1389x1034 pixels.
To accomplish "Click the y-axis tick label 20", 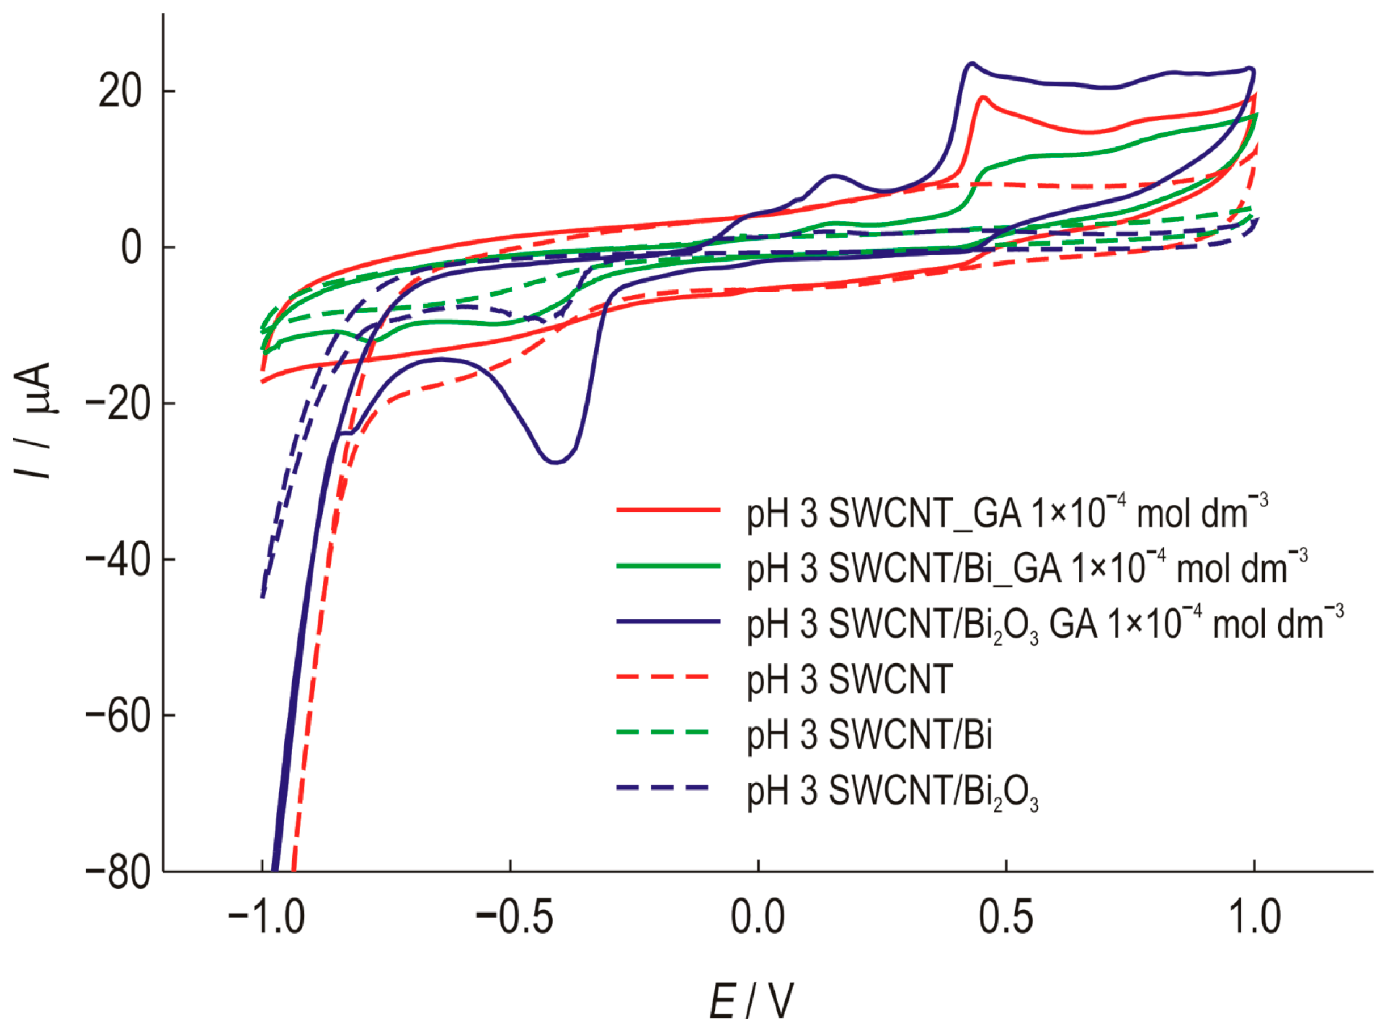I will click(x=120, y=92).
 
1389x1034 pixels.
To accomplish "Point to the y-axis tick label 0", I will click(x=132, y=248).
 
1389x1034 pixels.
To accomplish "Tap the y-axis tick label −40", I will click(x=119, y=560).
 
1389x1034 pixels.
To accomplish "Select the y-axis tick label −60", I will click(x=119, y=716).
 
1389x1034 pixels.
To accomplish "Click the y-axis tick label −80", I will click(x=119, y=872).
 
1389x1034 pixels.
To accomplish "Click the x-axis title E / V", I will click(x=751, y=1002).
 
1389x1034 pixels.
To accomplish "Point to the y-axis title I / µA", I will click(x=32, y=421).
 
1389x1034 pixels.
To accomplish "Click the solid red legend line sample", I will click(x=668, y=511).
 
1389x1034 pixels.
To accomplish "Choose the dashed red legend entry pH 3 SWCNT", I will click(x=849, y=679).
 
